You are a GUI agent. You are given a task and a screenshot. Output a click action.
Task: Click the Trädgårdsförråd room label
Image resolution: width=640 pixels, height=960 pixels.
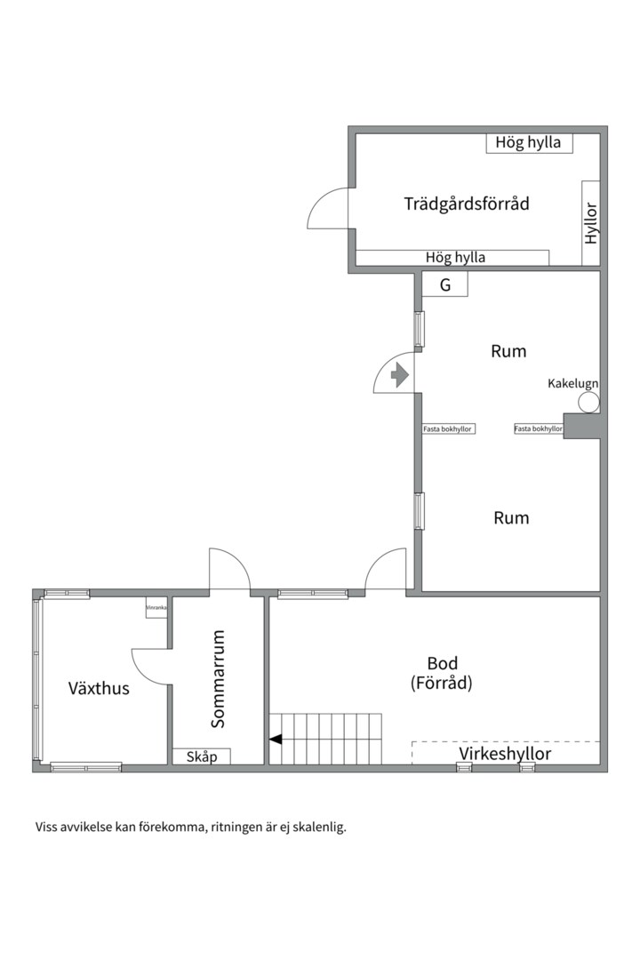[x=467, y=204]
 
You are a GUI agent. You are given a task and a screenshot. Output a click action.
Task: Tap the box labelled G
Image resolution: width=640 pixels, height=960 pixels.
[x=444, y=285]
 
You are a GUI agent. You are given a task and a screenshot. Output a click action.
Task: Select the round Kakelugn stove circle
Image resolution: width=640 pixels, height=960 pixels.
[x=588, y=403]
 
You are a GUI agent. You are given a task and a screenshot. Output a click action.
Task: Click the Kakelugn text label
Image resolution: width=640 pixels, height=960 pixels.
[x=572, y=383]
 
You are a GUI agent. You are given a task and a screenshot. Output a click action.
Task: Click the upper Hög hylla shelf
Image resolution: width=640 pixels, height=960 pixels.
[x=528, y=142]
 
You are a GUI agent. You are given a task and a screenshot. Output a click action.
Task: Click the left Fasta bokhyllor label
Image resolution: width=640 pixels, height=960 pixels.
[x=448, y=429]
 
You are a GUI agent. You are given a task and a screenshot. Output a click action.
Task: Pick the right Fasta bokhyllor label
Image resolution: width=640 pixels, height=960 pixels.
[x=539, y=429]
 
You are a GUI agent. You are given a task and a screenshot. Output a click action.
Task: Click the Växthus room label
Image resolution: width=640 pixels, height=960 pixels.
[x=99, y=688]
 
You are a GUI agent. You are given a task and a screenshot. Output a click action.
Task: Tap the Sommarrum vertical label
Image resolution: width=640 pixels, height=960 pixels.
[x=219, y=679]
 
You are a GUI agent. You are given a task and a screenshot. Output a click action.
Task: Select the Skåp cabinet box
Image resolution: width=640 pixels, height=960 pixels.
[x=201, y=756]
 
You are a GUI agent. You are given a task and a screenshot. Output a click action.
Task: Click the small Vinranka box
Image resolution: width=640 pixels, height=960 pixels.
[x=157, y=607]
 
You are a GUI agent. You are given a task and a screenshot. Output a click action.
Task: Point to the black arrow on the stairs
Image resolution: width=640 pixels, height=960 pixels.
[x=276, y=738]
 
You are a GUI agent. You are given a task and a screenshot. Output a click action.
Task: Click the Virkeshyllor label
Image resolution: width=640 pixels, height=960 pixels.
[x=505, y=754]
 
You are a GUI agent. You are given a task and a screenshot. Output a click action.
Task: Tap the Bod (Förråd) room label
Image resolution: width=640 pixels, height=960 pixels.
[x=441, y=673]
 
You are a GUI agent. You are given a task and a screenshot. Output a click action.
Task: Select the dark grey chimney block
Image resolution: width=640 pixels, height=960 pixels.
[x=582, y=427]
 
